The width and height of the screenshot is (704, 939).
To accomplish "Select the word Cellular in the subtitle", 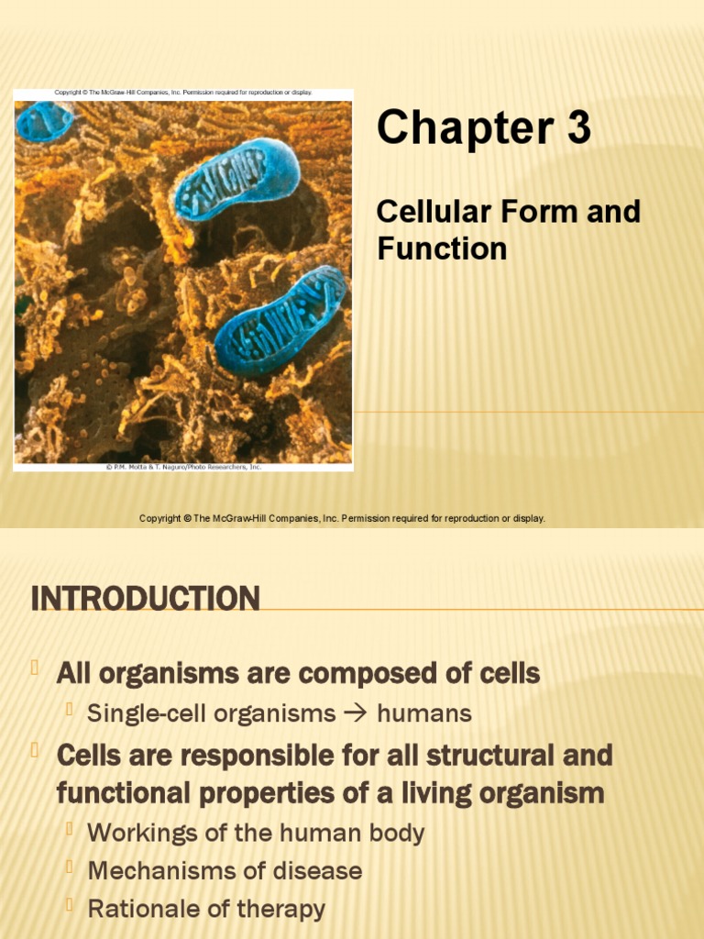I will (x=427, y=212).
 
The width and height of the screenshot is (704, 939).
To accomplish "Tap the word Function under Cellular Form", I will (x=442, y=249).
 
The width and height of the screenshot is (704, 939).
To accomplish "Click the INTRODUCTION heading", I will (x=145, y=599).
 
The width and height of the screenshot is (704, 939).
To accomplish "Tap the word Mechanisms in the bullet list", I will (x=156, y=870).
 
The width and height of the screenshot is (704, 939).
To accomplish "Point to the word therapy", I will (x=278, y=909).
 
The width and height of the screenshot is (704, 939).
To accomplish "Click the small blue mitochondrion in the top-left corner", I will (x=42, y=121).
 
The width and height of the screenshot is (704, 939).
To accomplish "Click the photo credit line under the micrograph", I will (x=183, y=467).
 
